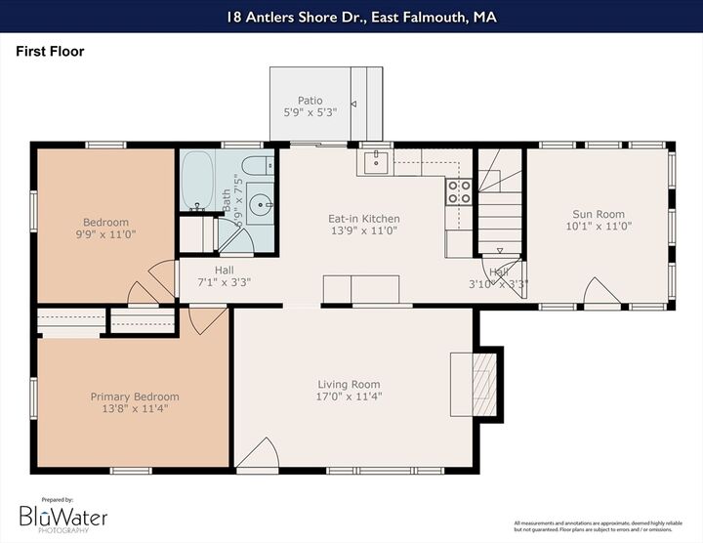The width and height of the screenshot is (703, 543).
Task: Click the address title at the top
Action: coord(351,16)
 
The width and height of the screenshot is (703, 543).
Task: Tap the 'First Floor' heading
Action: coord(50,52)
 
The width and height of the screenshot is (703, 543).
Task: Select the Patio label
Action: coord(310,101)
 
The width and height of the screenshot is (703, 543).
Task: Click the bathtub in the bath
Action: coord(198,181)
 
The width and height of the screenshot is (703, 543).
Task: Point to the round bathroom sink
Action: coord(261,205)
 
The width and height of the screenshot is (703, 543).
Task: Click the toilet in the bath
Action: coord(258,165)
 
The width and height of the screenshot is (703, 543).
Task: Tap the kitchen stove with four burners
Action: coord(459,191)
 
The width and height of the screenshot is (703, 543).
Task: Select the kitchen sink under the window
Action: coord(375,162)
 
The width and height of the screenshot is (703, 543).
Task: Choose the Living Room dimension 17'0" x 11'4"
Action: coord(349,397)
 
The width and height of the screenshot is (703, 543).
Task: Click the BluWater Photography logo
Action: coord(63,517)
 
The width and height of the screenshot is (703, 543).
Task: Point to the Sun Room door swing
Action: coord(599,291)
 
